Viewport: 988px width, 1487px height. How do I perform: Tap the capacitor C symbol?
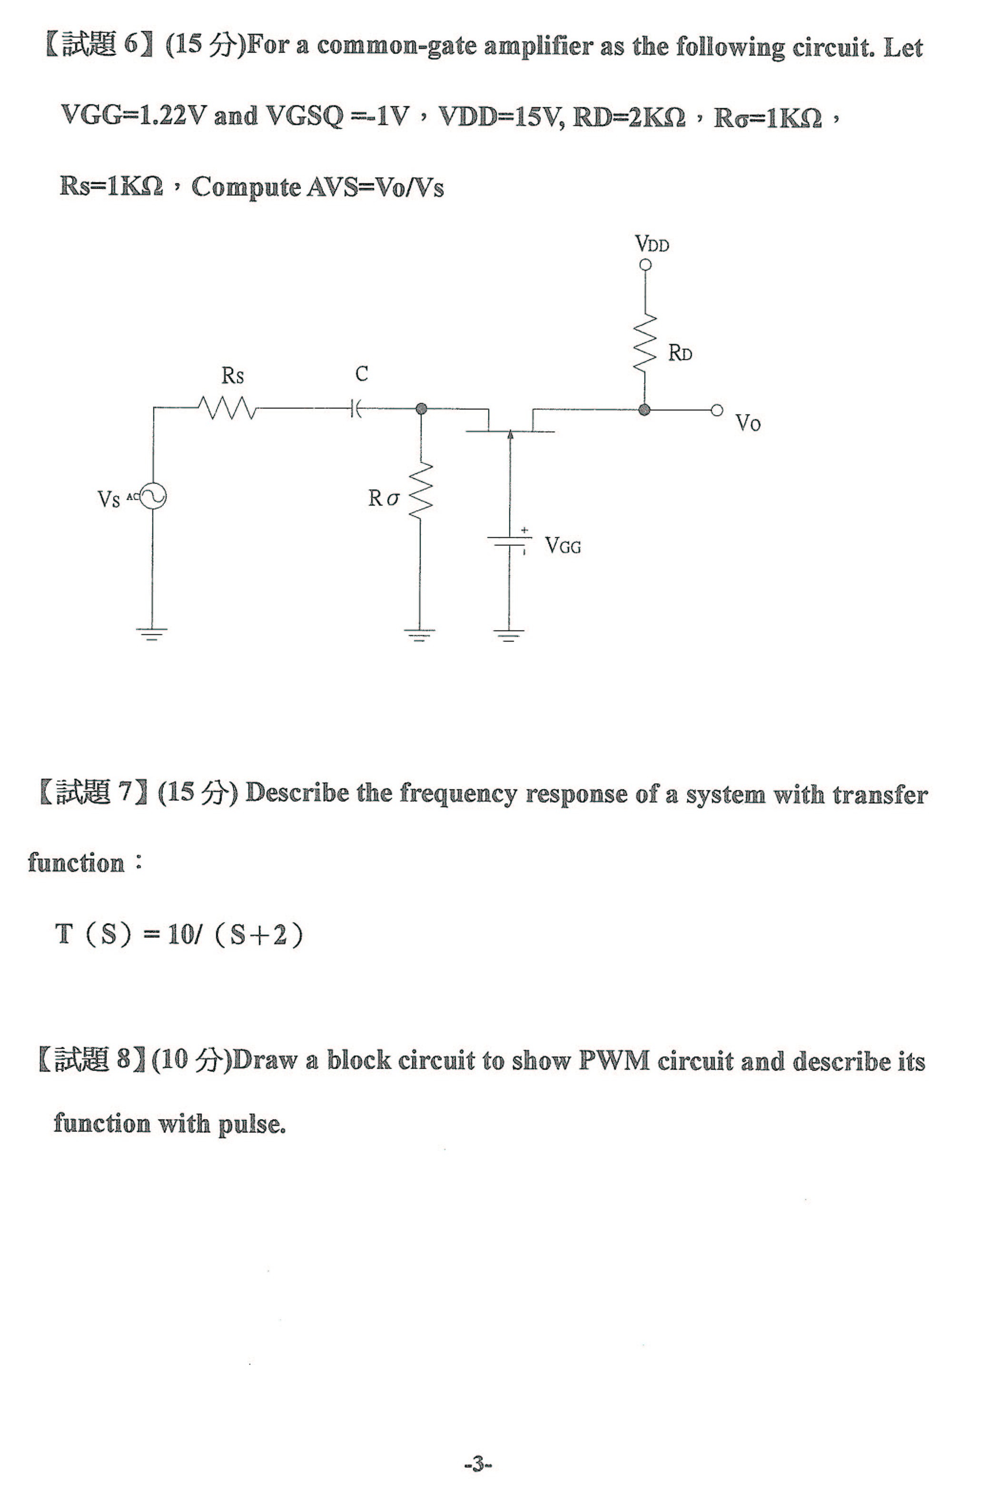(356, 410)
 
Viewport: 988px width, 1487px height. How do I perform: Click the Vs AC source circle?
(152, 497)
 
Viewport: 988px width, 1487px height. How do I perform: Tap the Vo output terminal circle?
(716, 410)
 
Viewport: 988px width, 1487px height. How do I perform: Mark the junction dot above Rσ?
(422, 410)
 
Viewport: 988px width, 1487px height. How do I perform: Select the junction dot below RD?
(644, 410)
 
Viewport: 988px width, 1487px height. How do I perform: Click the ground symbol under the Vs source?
(152, 634)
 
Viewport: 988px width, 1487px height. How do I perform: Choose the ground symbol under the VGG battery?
(508, 634)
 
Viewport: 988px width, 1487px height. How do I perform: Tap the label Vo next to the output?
(748, 423)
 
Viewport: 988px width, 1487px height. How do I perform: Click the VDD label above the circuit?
(652, 244)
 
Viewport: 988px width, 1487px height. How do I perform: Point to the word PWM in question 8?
(614, 1061)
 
